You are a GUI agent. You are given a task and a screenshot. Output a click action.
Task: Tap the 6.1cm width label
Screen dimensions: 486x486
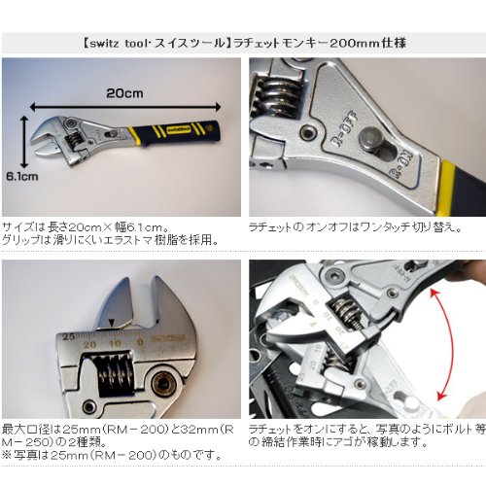click(19, 178)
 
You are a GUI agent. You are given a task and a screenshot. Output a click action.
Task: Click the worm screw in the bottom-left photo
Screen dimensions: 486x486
click(111, 374)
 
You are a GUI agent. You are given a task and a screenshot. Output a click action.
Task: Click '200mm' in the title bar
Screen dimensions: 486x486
click(344, 42)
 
